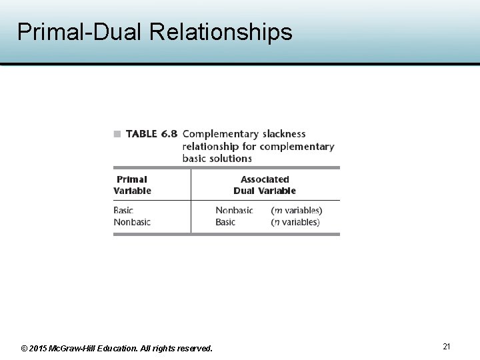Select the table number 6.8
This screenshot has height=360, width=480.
coord(167,134)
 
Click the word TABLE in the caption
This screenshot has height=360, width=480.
coord(141,134)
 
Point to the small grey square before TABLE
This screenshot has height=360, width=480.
coord(117,134)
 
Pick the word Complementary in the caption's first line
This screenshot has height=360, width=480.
coord(219,134)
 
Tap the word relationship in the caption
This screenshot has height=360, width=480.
coord(210,146)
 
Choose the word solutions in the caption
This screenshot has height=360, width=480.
coord(227,158)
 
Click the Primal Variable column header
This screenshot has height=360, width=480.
coord(132,185)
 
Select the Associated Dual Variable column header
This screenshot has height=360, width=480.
coord(265,185)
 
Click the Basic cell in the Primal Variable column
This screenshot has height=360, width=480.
coord(123,211)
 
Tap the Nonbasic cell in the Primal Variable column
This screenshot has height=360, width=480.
coord(132,222)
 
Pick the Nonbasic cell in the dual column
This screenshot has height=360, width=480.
coord(234,211)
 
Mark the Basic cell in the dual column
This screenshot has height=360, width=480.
coord(225,222)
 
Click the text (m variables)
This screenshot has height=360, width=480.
coord(296,211)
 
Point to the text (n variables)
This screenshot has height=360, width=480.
coord(295,222)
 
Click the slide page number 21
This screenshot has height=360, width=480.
coord(447,346)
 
